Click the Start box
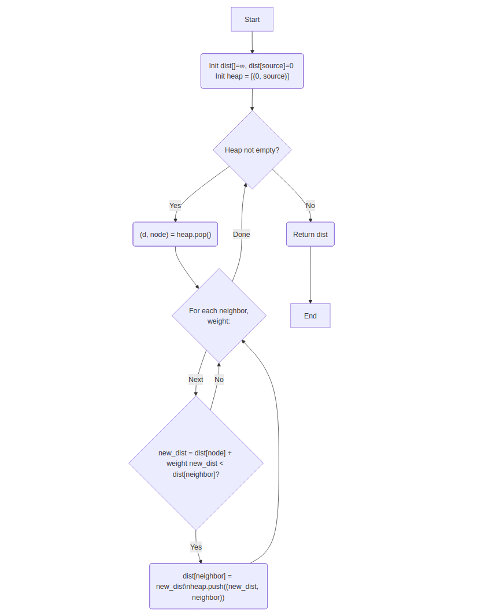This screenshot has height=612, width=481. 252,19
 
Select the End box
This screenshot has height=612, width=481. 310,316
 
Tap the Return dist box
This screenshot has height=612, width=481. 310,234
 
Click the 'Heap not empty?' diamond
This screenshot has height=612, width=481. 252,150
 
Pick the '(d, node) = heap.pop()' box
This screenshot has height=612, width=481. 175,234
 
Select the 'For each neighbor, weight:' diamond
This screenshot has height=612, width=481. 219,316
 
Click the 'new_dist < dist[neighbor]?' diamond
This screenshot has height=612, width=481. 196,463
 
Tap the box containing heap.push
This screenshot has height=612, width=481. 208,586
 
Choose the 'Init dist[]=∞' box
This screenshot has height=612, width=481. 252,71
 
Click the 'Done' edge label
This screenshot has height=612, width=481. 242,234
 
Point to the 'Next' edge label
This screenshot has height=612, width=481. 196,380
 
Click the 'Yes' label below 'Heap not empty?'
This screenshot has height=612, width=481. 175,205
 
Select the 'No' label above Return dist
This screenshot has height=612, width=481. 310,205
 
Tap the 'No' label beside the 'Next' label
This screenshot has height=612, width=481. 219,380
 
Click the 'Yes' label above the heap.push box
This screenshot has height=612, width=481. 196,547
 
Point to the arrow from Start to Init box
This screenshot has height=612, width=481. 252,42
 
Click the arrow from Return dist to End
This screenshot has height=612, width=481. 310,275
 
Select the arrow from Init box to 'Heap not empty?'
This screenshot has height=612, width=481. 252,99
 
